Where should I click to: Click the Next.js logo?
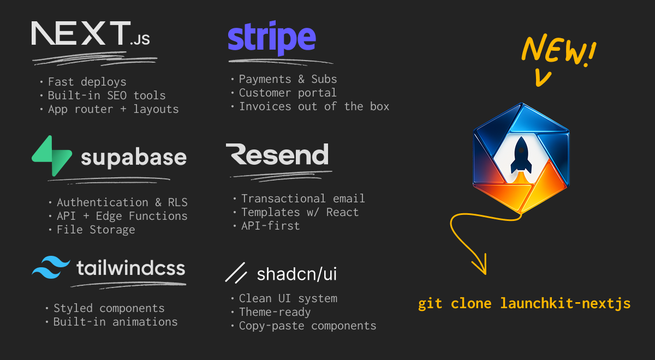coord(91,34)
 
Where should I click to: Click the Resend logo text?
coord(277,155)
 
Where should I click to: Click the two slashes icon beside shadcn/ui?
coord(237,273)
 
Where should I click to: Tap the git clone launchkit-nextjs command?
coord(524,303)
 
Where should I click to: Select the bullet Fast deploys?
coord(87,82)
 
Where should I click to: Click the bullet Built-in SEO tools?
coord(106,95)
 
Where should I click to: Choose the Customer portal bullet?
coord(288,93)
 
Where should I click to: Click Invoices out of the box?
coord(314,106)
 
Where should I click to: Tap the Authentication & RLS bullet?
coord(122,202)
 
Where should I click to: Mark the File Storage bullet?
coord(96,230)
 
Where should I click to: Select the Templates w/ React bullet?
coord(300,212)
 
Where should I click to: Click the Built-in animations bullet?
coord(115,322)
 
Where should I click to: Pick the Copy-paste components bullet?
coord(307,326)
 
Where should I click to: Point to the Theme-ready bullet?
coord(275,312)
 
